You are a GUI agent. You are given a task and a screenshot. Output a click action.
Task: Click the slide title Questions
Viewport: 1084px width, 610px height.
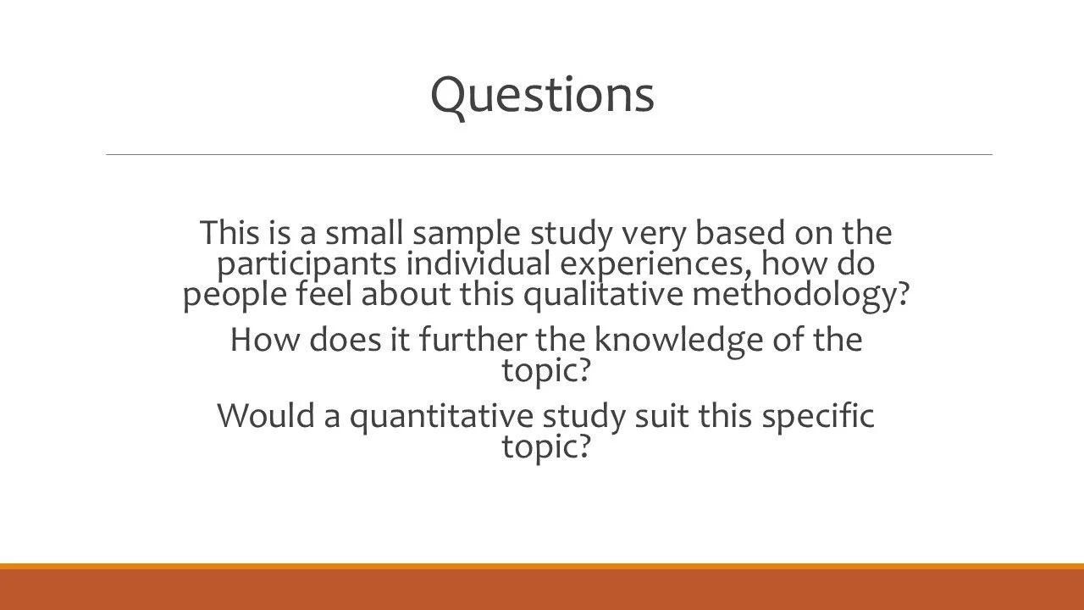(542, 94)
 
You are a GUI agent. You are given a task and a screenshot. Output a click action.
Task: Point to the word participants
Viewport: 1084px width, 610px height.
(307, 264)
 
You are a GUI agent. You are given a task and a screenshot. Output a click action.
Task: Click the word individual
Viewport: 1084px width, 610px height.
(478, 263)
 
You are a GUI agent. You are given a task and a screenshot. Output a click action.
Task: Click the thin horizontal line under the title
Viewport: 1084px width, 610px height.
(549, 154)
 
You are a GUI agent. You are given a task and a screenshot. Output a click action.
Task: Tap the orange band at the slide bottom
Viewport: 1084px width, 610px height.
(542, 588)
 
